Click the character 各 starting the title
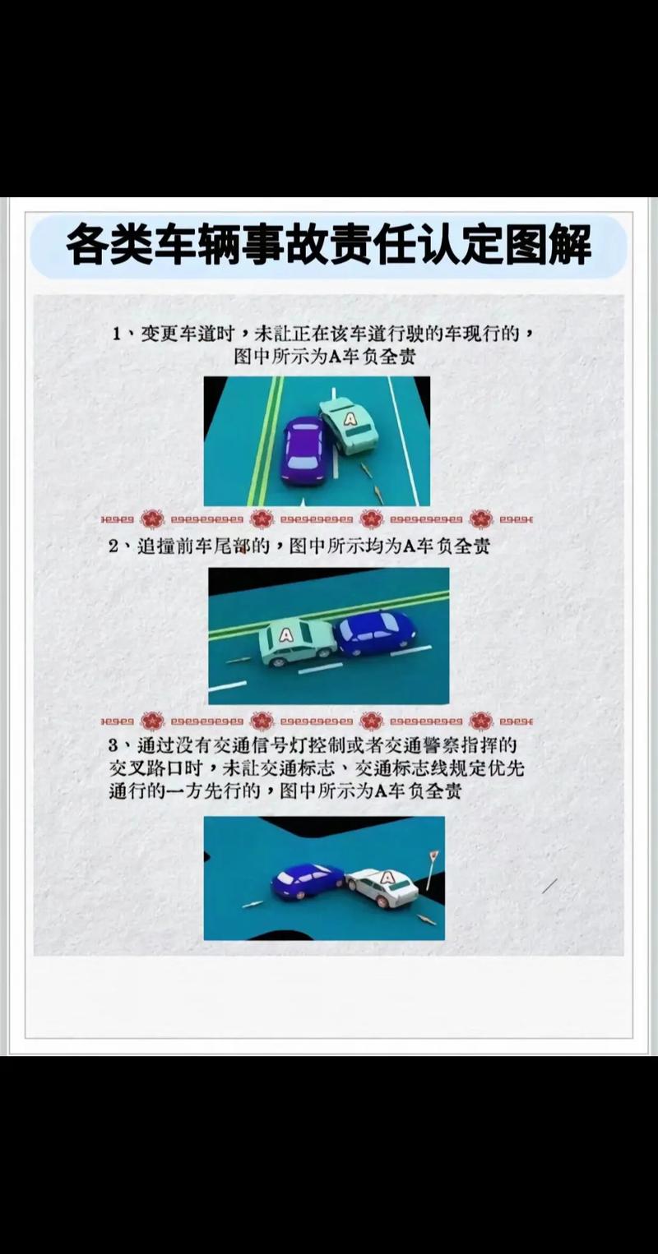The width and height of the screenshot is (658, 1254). click(x=86, y=244)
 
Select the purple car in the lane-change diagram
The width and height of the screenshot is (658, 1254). click(x=304, y=450)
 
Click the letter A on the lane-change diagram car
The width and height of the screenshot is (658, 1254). click(x=350, y=419)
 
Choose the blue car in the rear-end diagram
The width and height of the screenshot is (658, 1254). click(x=375, y=632)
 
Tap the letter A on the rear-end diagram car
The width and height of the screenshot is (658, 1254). click(x=285, y=634)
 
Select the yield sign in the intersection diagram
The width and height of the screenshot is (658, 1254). click(x=433, y=857)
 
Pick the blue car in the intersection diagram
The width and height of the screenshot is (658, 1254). click(x=306, y=881)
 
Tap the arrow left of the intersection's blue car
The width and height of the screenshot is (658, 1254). click(x=253, y=905)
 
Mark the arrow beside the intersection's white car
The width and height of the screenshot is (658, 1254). click(x=426, y=920)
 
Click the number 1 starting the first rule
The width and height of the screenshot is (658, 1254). click(x=118, y=334)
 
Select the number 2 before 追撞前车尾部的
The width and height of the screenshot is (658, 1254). click(x=114, y=546)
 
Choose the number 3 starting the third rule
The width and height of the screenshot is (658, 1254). click(x=114, y=745)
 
